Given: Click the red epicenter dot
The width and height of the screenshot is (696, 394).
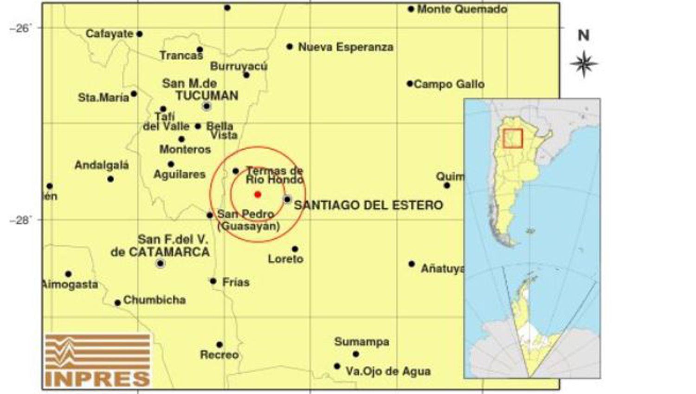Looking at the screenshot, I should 258,195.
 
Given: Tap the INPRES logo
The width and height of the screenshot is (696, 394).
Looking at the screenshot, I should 98,360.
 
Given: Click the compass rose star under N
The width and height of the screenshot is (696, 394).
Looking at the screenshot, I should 584,64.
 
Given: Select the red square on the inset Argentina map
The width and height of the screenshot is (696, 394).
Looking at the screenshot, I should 513,138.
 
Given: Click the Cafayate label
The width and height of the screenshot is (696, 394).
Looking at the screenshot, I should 109,34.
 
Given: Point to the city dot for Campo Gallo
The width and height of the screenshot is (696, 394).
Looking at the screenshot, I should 410,84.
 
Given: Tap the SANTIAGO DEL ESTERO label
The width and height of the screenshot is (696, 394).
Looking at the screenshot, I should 368,205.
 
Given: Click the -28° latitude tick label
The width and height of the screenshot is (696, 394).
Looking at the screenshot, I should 20,220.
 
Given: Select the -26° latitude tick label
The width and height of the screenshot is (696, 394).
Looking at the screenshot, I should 20,28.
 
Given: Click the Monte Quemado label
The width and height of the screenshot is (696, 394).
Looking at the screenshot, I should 462,9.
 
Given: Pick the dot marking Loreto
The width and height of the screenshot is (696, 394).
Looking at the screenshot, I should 295,249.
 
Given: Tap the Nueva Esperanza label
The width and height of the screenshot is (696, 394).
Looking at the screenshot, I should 346,47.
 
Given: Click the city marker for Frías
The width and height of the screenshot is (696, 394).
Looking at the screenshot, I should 213,281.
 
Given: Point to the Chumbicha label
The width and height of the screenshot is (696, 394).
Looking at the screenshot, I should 155,300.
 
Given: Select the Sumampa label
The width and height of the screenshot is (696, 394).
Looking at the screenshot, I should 361,342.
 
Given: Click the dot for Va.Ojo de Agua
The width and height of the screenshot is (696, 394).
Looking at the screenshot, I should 337,366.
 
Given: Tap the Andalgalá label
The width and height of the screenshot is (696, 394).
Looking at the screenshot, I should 102,165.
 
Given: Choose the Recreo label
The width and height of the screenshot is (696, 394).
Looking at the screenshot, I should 219,355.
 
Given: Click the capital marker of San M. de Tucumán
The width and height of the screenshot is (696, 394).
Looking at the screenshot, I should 207,106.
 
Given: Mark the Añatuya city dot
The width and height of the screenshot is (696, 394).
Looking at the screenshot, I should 412,264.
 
